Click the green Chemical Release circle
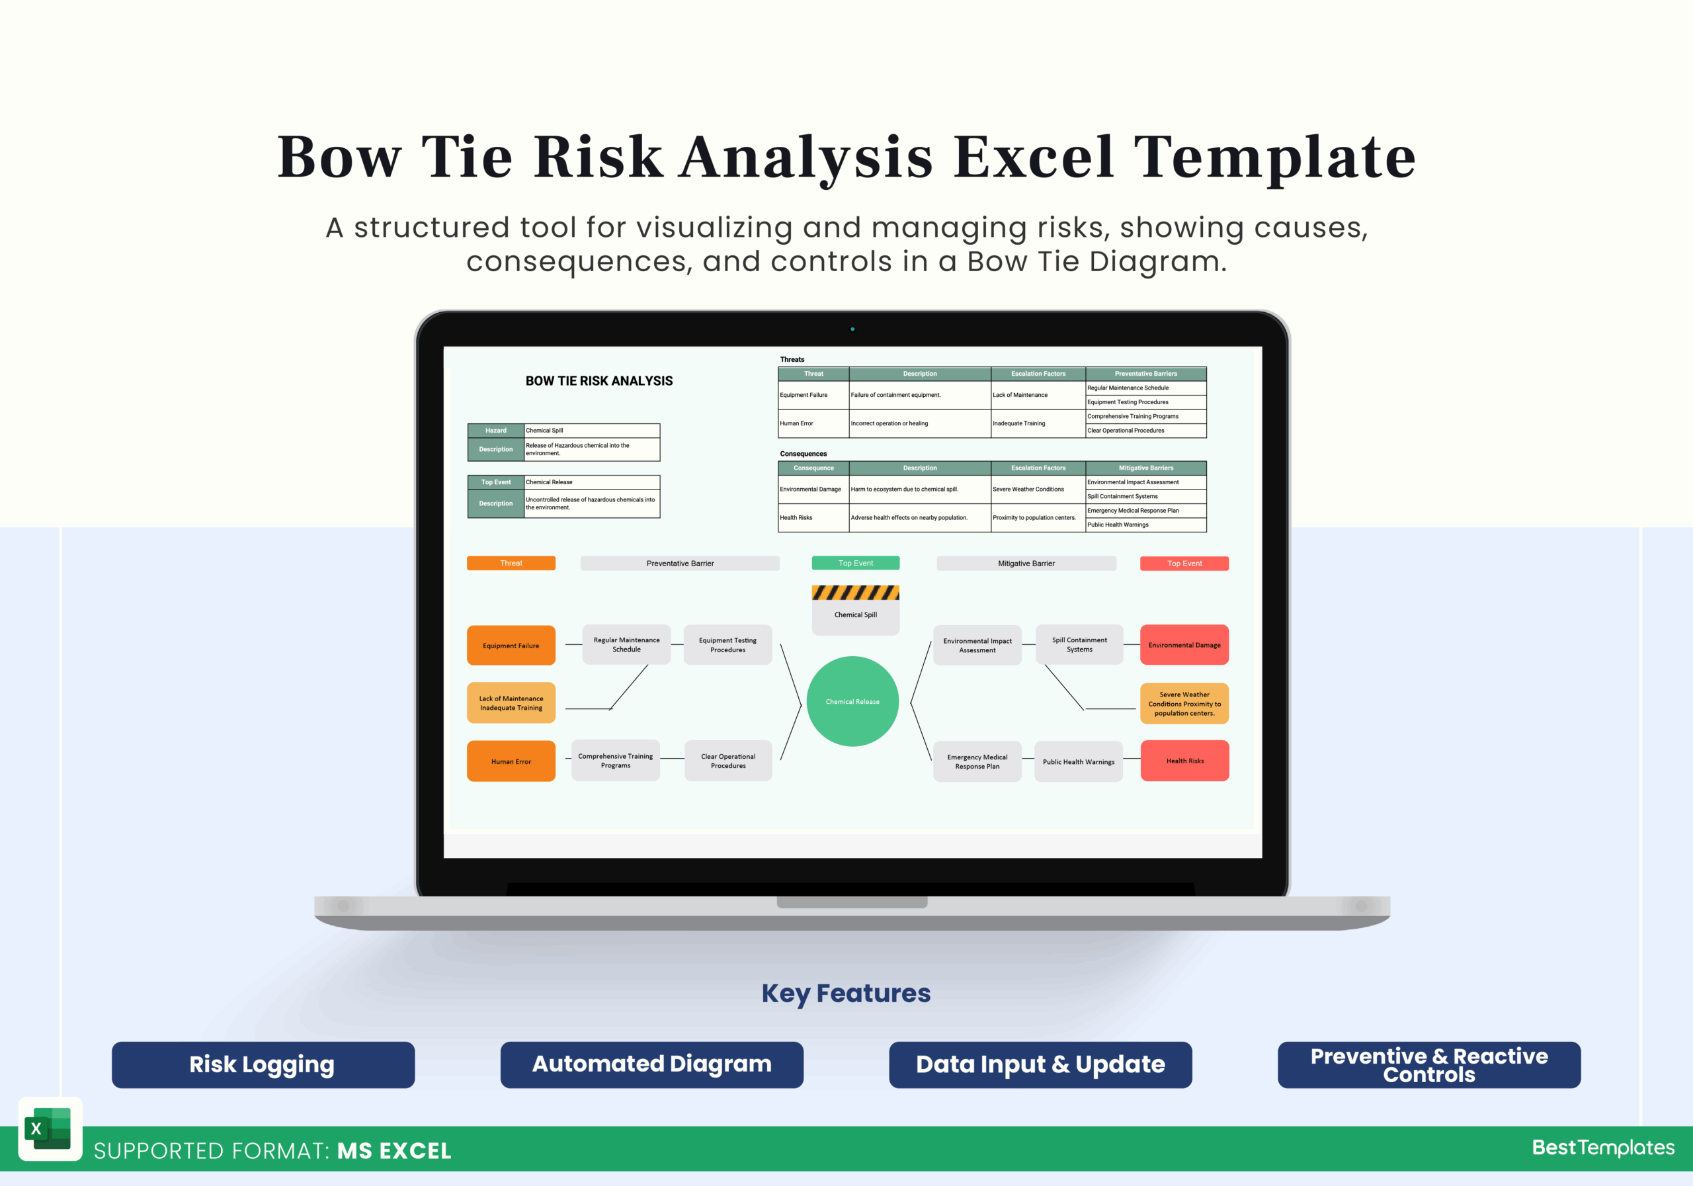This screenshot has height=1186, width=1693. (852, 701)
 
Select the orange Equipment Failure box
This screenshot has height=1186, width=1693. (511, 646)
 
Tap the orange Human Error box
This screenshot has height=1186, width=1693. (511, 761)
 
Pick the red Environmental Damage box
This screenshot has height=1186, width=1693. (1184, 645)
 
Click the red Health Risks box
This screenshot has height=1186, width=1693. (1184, 761)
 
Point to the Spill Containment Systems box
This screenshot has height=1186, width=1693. (1079, 645)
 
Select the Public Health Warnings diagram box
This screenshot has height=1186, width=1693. (1078, 761)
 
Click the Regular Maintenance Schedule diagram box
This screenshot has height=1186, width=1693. (626, 645)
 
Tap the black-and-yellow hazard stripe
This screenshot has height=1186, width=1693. (855, 592)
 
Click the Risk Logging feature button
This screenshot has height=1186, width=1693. (263, 1064)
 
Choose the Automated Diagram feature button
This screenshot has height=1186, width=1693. (652, 1064)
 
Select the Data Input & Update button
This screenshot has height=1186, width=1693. (1040, 1064)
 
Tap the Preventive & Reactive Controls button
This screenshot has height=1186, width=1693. (1429, 1064)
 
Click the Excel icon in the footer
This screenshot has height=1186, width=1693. (49, 1128)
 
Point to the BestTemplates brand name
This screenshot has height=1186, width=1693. (1603, 1147)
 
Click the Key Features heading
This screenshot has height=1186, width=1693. (846, 994)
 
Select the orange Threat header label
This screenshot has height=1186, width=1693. (511, 563)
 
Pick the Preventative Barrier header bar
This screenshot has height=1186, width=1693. (680, 563)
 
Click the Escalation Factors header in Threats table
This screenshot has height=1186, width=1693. (1038, 374)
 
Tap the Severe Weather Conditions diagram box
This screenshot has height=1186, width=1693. (1184, 704)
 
